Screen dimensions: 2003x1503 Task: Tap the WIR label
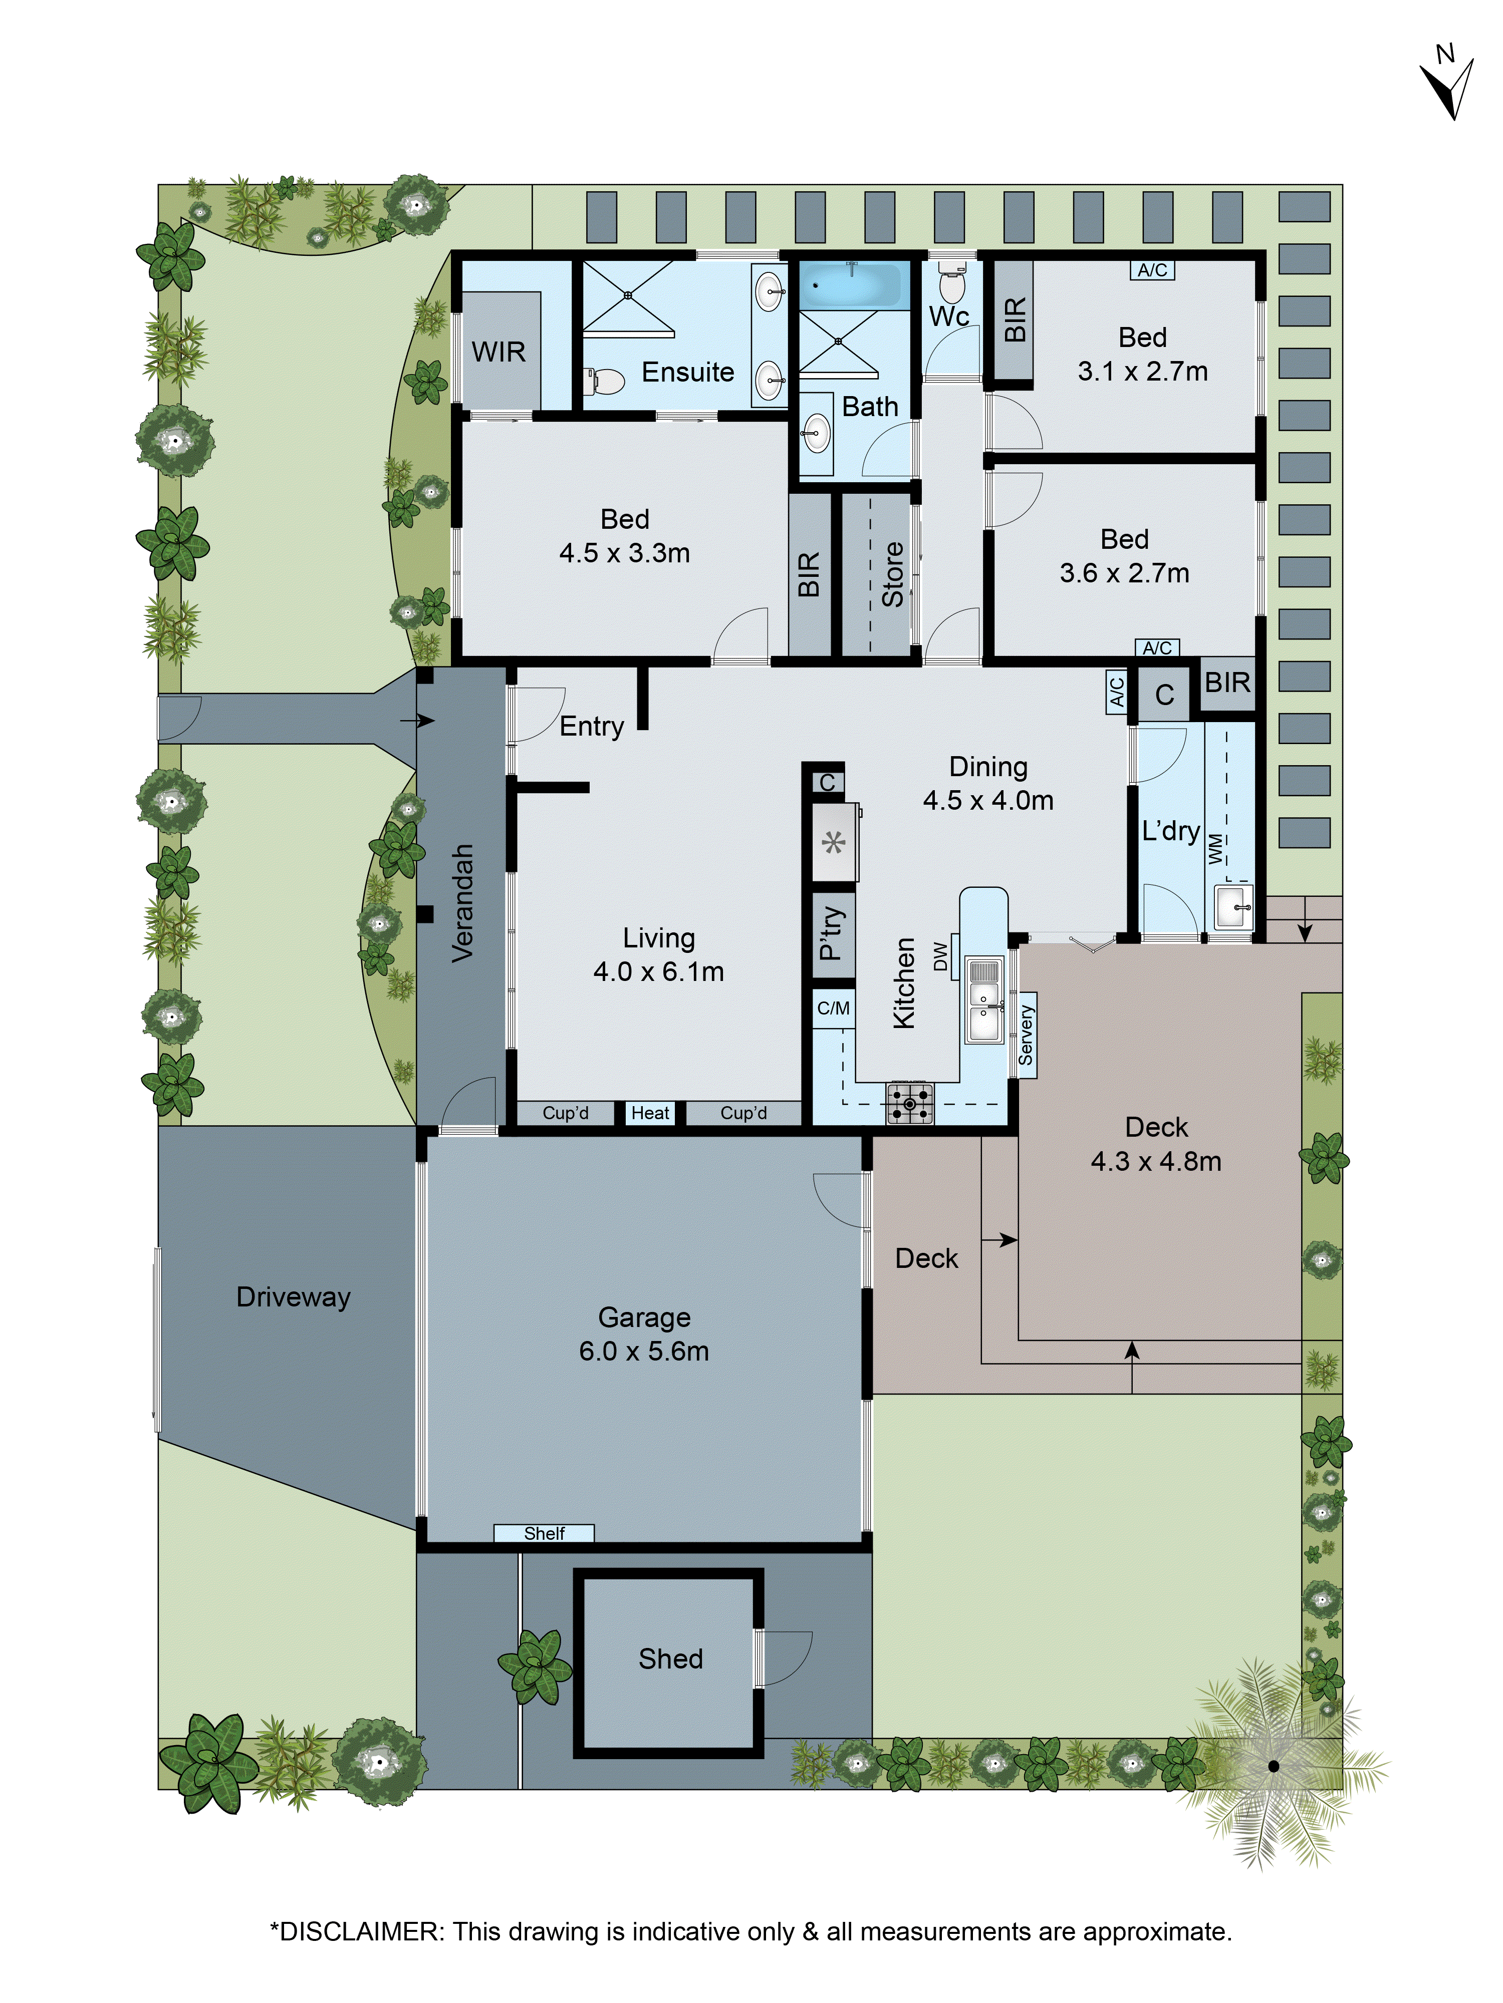498,352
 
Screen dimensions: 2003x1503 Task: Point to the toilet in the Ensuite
605,381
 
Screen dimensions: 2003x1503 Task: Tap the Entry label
592,726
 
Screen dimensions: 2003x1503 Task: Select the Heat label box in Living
650,1113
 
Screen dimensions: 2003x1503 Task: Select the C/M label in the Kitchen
834,1008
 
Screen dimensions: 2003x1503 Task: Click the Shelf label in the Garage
544,1533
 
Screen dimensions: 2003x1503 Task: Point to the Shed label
670,1659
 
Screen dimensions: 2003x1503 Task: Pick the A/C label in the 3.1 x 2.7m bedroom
1152,270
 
